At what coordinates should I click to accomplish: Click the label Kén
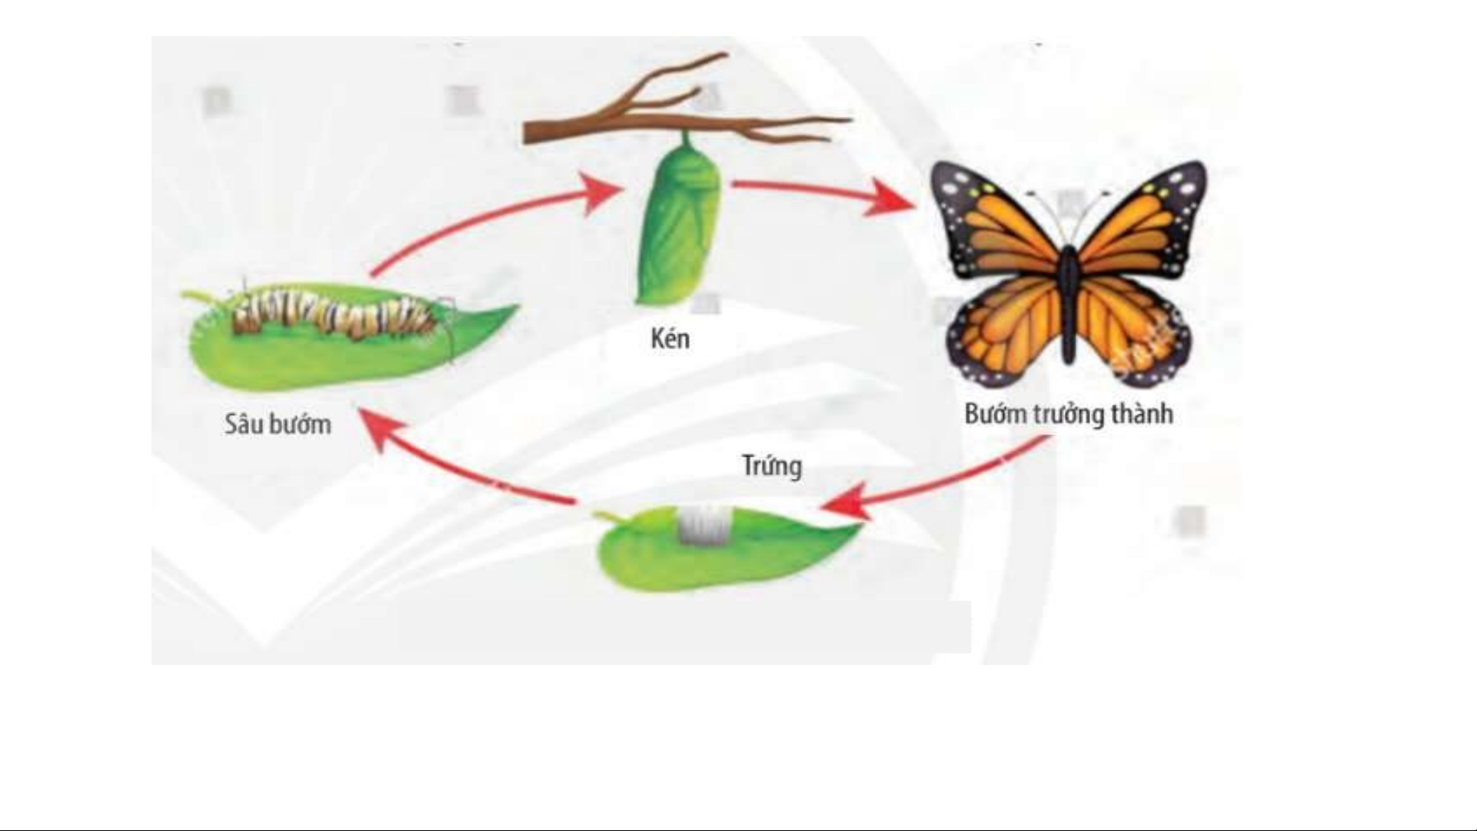tap(670, 339)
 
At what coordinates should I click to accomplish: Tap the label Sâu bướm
tap(278, 424)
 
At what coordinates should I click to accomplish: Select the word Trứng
tap(771, 466)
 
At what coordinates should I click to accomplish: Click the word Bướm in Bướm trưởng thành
tap(995, 414)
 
